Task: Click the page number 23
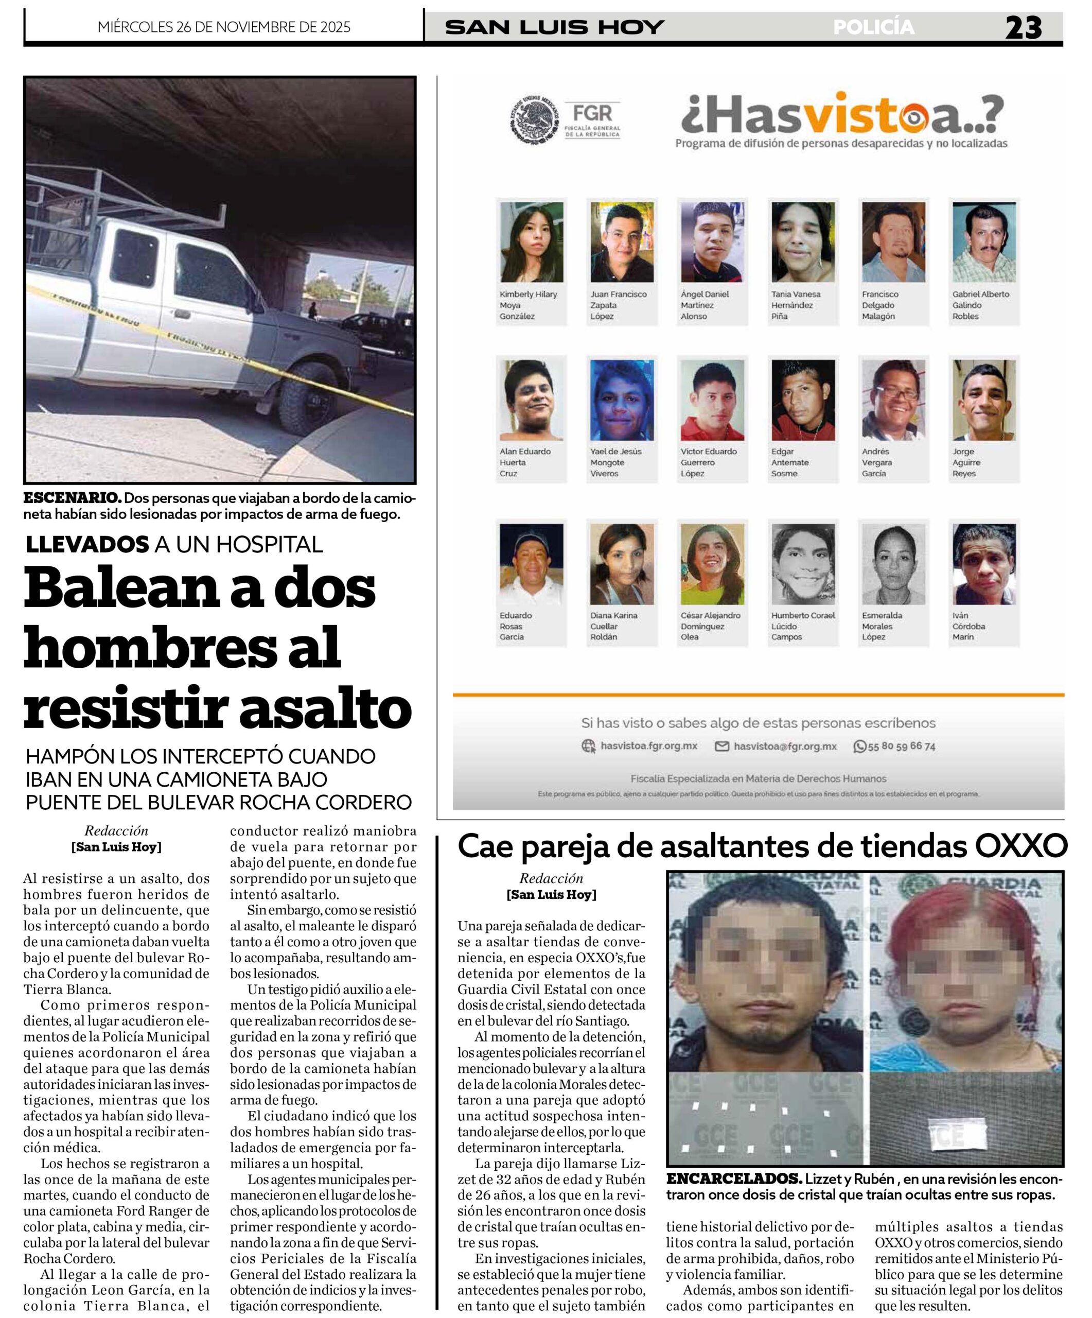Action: (1023, 28)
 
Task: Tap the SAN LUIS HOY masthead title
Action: (554, 27)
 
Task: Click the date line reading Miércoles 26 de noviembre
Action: (224, 27)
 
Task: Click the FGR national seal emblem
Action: (534, 120)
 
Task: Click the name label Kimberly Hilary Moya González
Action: (528, 305)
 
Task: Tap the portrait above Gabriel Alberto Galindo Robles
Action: (983, 242)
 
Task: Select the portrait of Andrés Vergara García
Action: (893, 400)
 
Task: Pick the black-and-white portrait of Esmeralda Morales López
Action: (893, 564)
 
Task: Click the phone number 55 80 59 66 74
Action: (901, 746)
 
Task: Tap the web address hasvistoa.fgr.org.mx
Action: (648, 745)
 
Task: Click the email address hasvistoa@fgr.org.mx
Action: (785, 746)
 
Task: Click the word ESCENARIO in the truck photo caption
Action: (72, 498)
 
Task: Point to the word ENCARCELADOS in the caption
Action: (733, 1178)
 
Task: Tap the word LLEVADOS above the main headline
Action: (87, 544)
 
